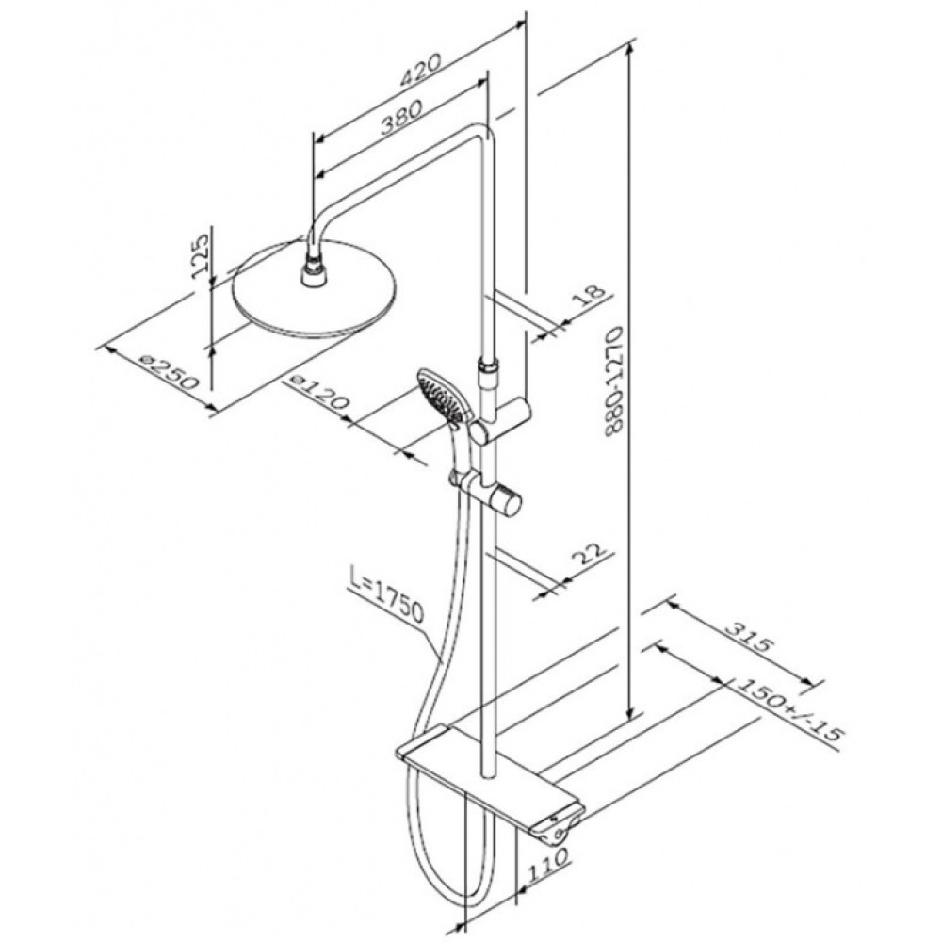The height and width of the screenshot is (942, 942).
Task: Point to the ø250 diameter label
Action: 169,372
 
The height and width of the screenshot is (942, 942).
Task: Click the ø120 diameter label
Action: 318,392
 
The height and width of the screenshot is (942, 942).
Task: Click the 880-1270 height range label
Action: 614,381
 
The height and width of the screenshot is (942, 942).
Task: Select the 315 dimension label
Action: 747,638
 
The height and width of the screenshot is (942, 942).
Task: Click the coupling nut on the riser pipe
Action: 486,367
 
